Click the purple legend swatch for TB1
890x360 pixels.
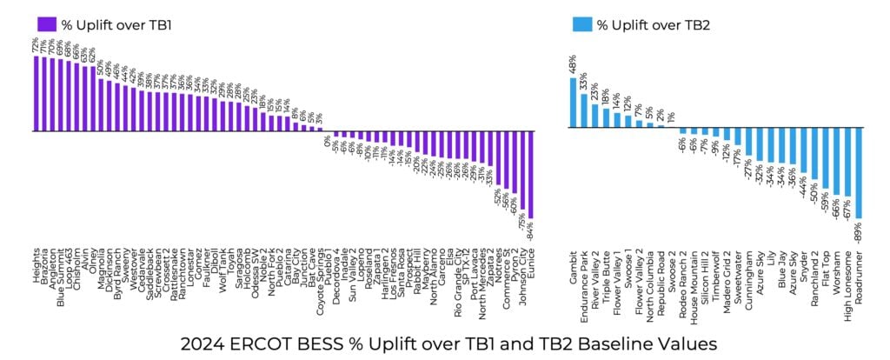(x=48, y=23)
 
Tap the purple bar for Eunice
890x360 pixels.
(x=530, y=175)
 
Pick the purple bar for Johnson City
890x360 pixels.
(x=521, y=170)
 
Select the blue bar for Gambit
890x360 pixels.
(x=573, y=104)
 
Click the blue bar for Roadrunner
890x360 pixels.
(x=859, y=174)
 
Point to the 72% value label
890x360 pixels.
(x=36, y=43)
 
